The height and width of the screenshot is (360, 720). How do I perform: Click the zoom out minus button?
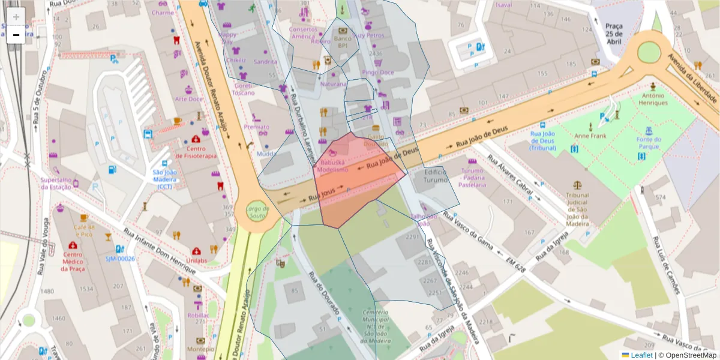coord(16,35)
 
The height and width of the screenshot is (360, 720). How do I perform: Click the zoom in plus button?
coord(16,17)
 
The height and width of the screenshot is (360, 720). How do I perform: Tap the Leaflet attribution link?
coord(641,355)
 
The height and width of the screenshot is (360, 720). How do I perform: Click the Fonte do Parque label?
coord(649,143)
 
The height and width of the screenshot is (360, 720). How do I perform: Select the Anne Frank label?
coord(590,136)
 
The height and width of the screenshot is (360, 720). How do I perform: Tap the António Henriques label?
coord(653,99)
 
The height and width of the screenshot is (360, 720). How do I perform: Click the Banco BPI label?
coord(342,41)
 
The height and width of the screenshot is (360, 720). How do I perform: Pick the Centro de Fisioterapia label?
coord(196,152)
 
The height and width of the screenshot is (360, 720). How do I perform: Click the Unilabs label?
coord(196,260)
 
